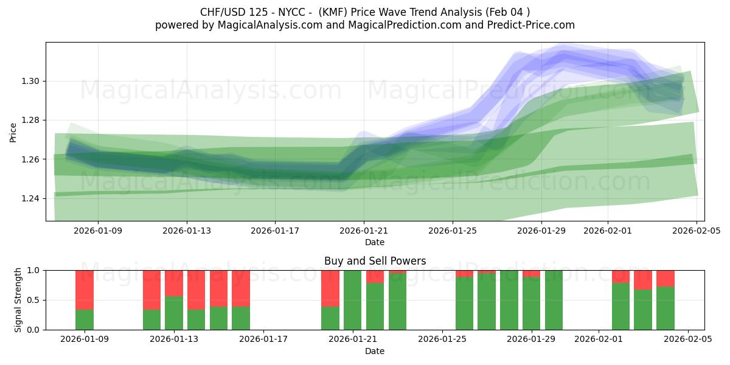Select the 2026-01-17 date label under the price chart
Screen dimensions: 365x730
pyautogui.click(x=275, y=231)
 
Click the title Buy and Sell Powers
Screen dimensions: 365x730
pyautogui.click(x=375, y=261)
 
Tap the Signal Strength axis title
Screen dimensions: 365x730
pyautogui.click(x=18, y=299)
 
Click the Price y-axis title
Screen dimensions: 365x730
pyautogui.click(x=13, y=132)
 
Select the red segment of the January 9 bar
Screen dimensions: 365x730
pyautogui.click(x=85, y=290)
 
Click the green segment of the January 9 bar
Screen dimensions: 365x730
pyautogui.click(x=85, y=320)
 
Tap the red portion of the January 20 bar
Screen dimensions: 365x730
pyautogui.click(x=330, y=288)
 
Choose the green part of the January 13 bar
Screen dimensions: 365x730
pyautogui.click(x=174, y=313)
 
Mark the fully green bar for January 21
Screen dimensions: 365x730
pyautogui.click(x=353, y=300)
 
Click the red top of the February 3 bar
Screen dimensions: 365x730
pyautogui.click(x=643, y=280)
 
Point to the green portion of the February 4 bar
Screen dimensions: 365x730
pyautogui.click(x=666, y=308)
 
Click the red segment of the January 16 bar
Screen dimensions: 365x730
pyautogui.click(x=241, y=288)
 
